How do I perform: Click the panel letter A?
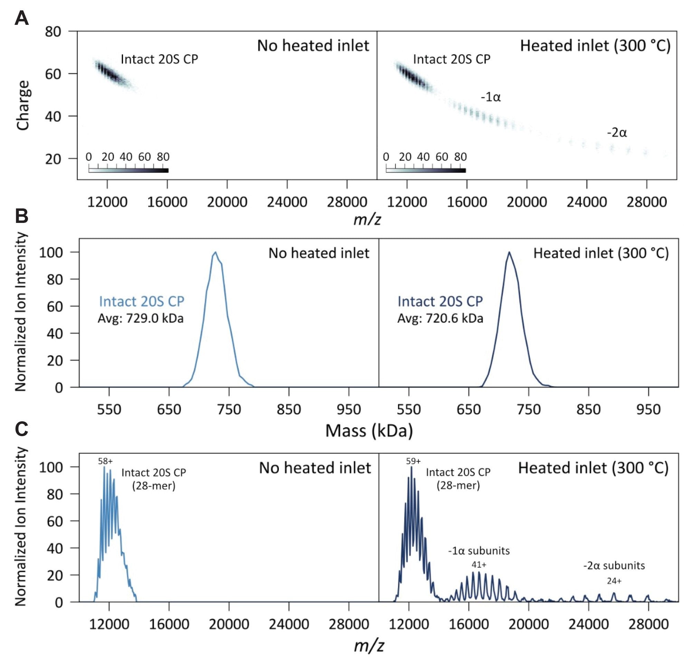click(x=21, y=18)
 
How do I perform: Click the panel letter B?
click(x=21, y=216)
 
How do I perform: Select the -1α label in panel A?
click(x=491, y=97)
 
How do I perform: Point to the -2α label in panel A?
click(x=617, y=133)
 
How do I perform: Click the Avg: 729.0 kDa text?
click(x=141, y=318)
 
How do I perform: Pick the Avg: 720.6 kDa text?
click(x=440, y=318)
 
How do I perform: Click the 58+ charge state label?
click(x=105, y=461)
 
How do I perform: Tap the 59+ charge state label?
click(x=413, y=461)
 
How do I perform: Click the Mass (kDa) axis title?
click(x=369, y=430)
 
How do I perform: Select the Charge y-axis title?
click(x=23, y=105)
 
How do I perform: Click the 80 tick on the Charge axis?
click(x=53, y=32)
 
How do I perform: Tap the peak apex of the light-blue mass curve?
click(x=215, y=252)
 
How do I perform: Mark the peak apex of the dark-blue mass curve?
click(x=509, y=252)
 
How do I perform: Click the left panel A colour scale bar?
click(x=128, y=170)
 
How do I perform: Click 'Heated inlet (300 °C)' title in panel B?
click(x=601, y=253)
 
